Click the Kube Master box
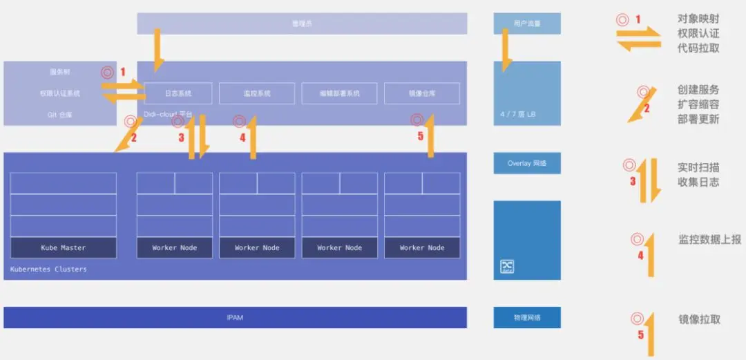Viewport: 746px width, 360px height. click(x=63, y=247)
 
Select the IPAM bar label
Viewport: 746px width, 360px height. click(x=235, y=318)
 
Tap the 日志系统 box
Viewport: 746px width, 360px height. click(x=178, y=93)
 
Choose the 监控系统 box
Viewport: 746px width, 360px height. click(x=257, y=93)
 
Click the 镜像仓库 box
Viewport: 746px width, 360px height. click(x=421, y=93)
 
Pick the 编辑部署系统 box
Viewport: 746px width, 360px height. click(x=339, y=93)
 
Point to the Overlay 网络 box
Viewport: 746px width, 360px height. click(x=527, y=163)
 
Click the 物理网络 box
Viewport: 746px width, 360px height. click(x=527, y=318)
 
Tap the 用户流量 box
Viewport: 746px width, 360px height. click(x=527, y=23)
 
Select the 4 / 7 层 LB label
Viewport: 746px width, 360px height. click(x=517, y=114)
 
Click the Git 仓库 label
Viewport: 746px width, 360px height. click(x=60, y=114)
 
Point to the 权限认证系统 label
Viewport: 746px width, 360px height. click(x=60, y=93)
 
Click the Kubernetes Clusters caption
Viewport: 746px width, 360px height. click(x=48, y=269)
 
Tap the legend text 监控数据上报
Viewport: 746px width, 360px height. click(x=709, y=240)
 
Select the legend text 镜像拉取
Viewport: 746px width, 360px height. click(x=699, y=319)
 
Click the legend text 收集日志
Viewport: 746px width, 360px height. click(x=698, y=182)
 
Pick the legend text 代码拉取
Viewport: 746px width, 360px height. click(x=698, y=48)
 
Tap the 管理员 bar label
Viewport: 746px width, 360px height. click(x=302, y=23)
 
